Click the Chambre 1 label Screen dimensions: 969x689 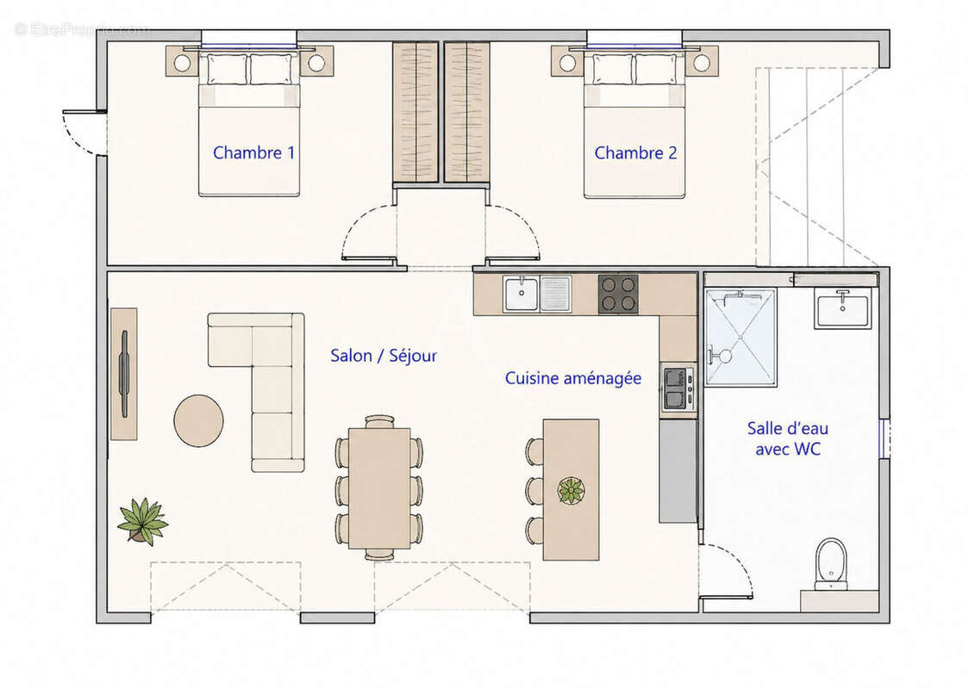253,152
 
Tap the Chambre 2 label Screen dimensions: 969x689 635,152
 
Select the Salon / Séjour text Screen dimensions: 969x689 383,356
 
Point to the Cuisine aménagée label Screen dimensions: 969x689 573,378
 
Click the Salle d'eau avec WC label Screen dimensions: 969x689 788,438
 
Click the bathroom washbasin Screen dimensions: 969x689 842,308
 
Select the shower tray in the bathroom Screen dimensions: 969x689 741,337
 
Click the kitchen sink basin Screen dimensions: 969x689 521,294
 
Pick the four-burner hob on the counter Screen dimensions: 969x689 618,294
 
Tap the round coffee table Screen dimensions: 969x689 198,420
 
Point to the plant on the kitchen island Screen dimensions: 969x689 572,490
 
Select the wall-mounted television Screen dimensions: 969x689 124,374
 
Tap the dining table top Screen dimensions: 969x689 379,488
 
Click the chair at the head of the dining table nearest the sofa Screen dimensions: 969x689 379,422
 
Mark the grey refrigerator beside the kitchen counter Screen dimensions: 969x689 678,471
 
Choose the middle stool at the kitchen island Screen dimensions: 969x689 535,490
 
